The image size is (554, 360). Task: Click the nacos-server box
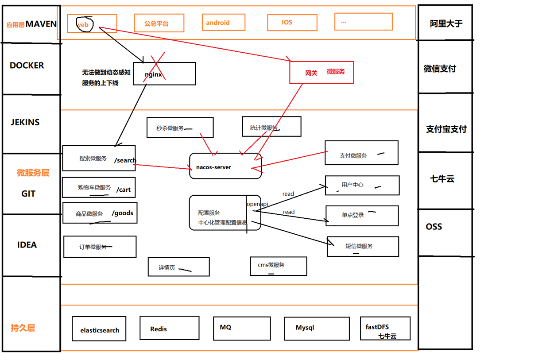click(225, 166)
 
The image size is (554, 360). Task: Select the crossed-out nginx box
click(164, 74)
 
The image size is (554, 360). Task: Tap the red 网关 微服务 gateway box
click(322, 73)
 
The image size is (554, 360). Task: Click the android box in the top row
click(223, 22)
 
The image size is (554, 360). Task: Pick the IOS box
click(292, 23)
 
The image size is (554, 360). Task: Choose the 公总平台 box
click(159, 23)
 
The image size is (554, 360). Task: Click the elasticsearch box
click(99, 329)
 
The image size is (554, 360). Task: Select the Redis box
click(169, 328)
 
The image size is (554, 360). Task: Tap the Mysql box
click(317, 329)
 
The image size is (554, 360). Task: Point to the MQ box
click(241, 328)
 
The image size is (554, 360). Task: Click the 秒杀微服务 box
click(180, 128)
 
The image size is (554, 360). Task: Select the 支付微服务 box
click(361, 153)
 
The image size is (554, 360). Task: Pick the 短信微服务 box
click(363, 246)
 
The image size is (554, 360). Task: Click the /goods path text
click(123, 213)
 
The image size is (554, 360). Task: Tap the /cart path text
click(124, 190)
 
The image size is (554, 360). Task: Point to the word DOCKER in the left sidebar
click(27, 66)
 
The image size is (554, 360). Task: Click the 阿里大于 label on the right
click(446, 24)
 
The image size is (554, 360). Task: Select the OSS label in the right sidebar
click(434, 227)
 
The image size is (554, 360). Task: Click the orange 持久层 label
click(23, 328)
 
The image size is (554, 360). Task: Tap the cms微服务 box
click(278, 266)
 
